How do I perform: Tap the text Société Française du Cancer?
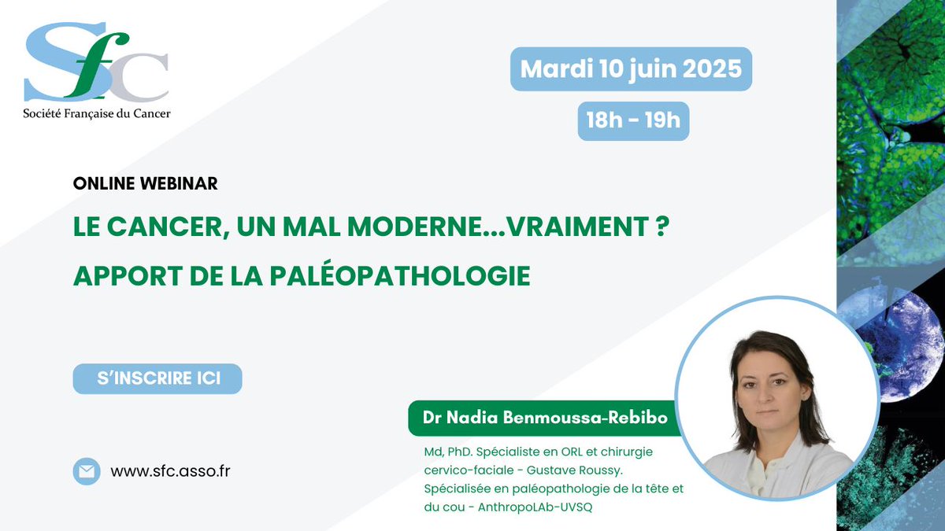(x=96, y=112)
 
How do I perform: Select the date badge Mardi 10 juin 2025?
(x=631, y=68)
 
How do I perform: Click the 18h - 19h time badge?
(x=633, y=120)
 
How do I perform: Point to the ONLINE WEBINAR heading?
(x=145, y=183)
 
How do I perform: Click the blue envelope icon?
(x=87, y=471)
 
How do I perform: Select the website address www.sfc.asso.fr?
(x=170, y=471)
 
